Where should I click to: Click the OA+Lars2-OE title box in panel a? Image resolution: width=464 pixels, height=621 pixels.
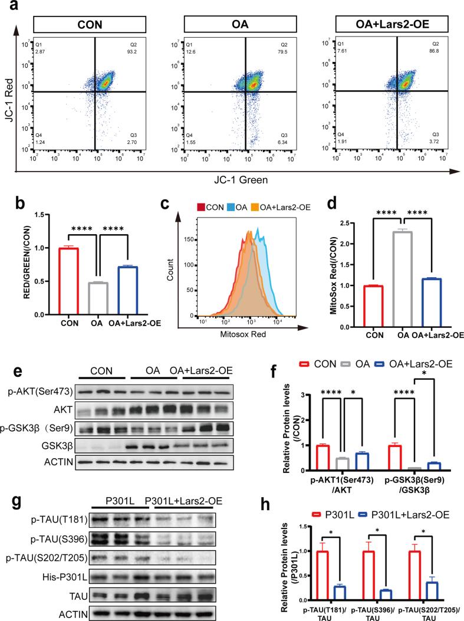[x=389, y=25]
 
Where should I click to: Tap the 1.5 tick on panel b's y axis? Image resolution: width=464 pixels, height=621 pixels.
[x=30, y=215]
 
